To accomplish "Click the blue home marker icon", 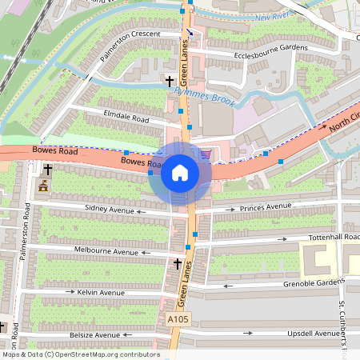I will tap(180, 172).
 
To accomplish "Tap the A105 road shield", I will tap(179, 319).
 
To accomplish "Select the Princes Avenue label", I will tap(266, 207).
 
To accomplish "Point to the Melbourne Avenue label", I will tap(104, 251).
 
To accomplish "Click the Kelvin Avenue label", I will tap(101, 293).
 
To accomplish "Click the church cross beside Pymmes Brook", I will tap(169, 81).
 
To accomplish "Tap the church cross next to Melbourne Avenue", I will tap(178, 262).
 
